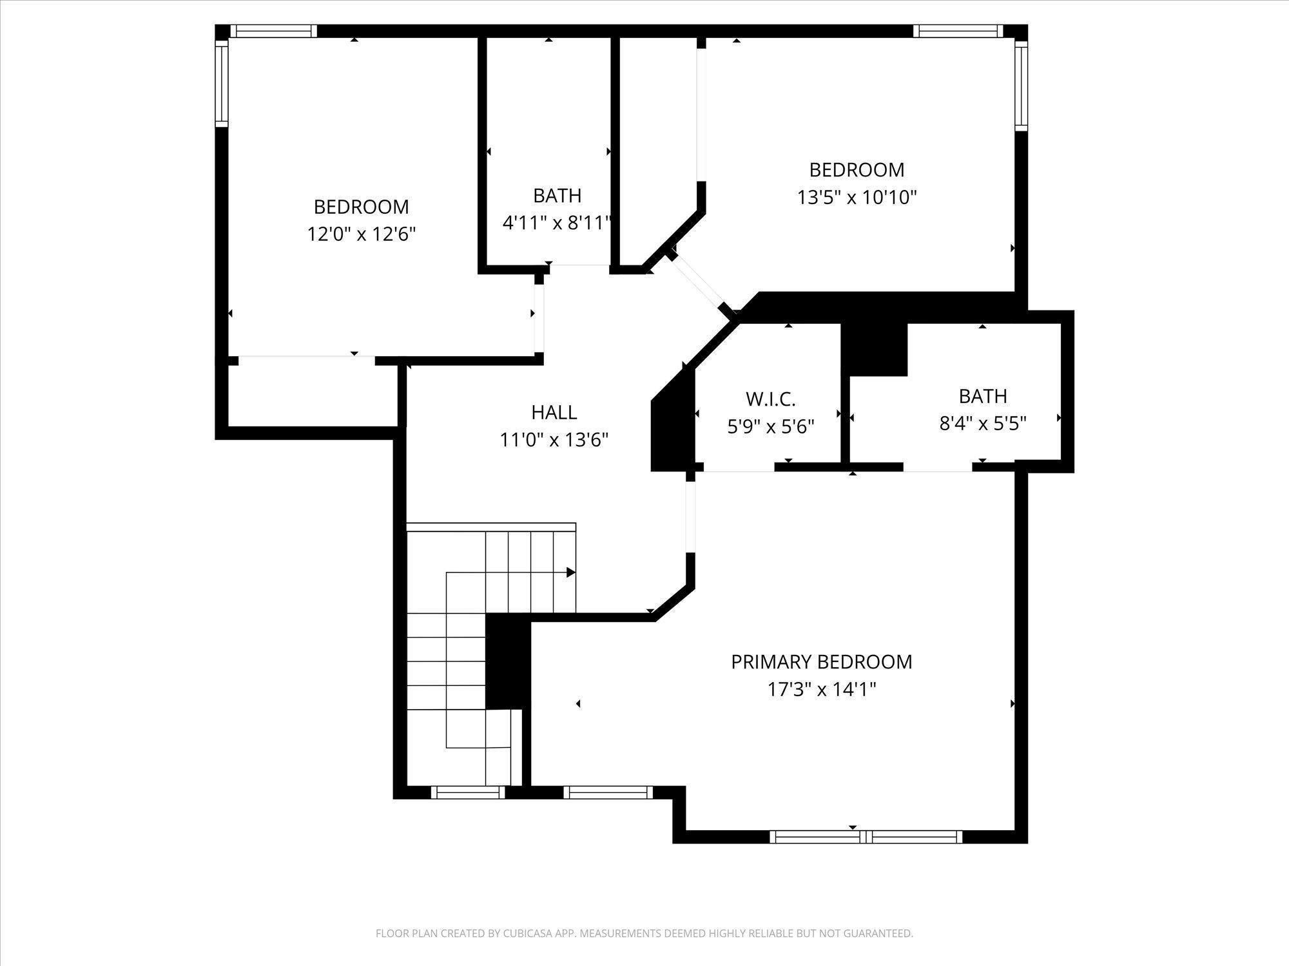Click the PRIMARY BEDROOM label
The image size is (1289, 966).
coord(821,662)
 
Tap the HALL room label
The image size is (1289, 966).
coord(554,412)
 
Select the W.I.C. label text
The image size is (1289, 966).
coord(771,399)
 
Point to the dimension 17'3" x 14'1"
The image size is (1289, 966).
coord(821,690)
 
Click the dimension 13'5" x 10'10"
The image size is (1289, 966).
coord(857,197)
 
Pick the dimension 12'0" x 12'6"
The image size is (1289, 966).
coord(361,234)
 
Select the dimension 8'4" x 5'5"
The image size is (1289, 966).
coord(983,423)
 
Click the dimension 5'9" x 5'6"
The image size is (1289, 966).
coord(771,426)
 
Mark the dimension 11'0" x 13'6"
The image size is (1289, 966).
coord(554,440)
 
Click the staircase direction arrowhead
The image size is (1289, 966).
coord(571,572)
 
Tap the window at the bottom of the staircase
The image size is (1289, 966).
coord(468,793)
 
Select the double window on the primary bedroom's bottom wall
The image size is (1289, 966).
coord(866,837)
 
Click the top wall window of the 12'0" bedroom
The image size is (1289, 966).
coord(274,32)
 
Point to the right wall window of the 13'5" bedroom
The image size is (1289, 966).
coord(1022,85)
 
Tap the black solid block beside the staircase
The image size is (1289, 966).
coord(507,661)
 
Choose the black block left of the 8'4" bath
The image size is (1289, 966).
coord(875,348)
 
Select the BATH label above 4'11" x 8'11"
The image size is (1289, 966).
coord(557,196)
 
